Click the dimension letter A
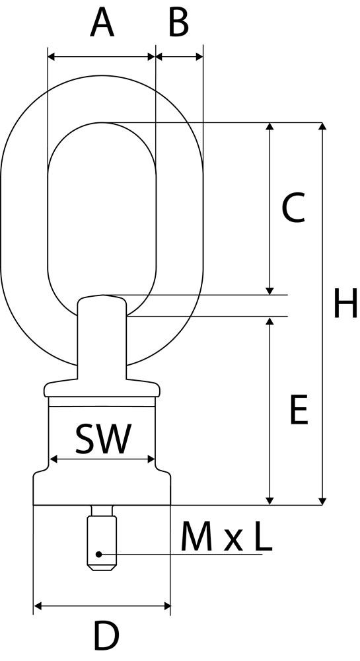pyautogui.click(x=102, y=23)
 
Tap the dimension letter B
pyautogui.click(x=178, y=23)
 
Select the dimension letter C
pyautogui.click(x=293, y=208)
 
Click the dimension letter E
pyautogui.click(x=299, y=409)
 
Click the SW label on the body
pyautogui.click(x=103, y=439)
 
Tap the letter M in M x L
pyautogui.click(x=197, y=537)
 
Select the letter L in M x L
pyautogui.click(x=263, y=537)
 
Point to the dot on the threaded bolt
pyautogui.click(x=98, y=554)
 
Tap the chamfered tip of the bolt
pyautogui.click(x=102, y=567)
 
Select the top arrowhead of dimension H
pyautogui.click(x=322, y=126)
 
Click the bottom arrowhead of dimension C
pyautogui.click(x=270, y=291)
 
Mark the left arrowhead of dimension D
pyautogui.click(x=38, y=606)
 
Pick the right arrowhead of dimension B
pyautogui.click(x=199, y=57)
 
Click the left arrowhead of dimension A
pyautogui.click(x=52, y=57)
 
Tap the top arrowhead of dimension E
pyautogui.click(x=270, y=321)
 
